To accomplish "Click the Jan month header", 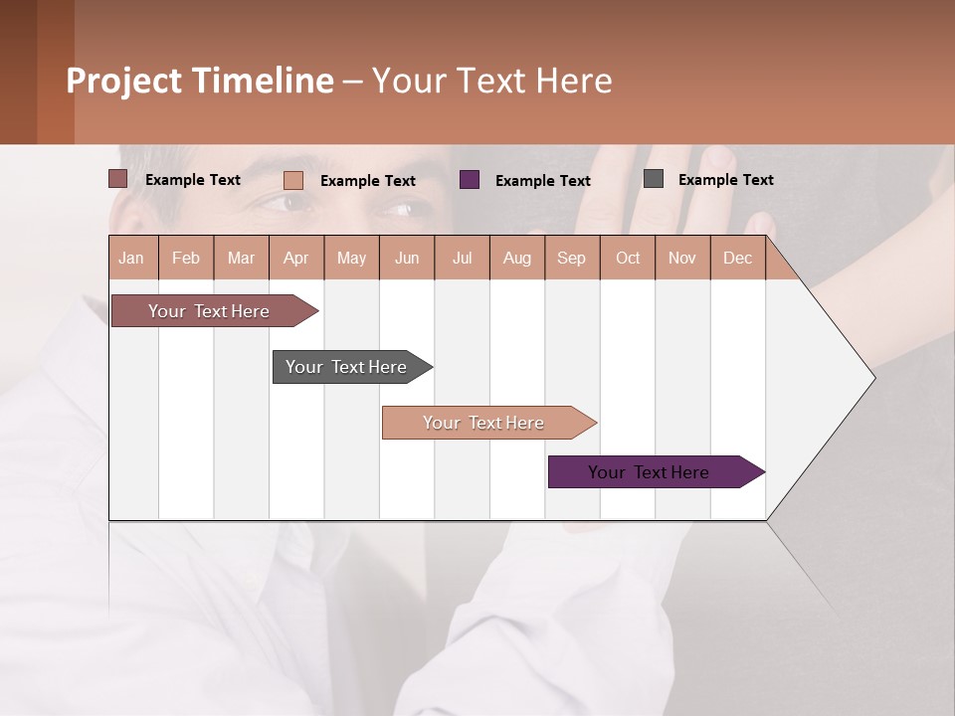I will [131, 258].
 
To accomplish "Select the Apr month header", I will [295, 258].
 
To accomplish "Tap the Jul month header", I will [462, 258].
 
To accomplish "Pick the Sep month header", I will [571, 258].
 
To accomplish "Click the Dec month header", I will [737, 258].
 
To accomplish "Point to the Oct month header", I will [628, 258].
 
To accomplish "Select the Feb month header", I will [186, 258].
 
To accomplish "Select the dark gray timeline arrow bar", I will [347, 367].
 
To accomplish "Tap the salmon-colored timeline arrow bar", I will [484, 423].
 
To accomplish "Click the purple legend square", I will [470, 180].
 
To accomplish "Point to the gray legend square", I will [654, 179].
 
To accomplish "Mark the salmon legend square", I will [293, 180].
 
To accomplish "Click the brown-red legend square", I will [117, 179].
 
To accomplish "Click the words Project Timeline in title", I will [200, 81].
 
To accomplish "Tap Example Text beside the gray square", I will [725, 180].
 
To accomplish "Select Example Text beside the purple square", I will [542, 181].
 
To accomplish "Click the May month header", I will [351, 258].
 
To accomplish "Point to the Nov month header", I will [682, 258].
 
